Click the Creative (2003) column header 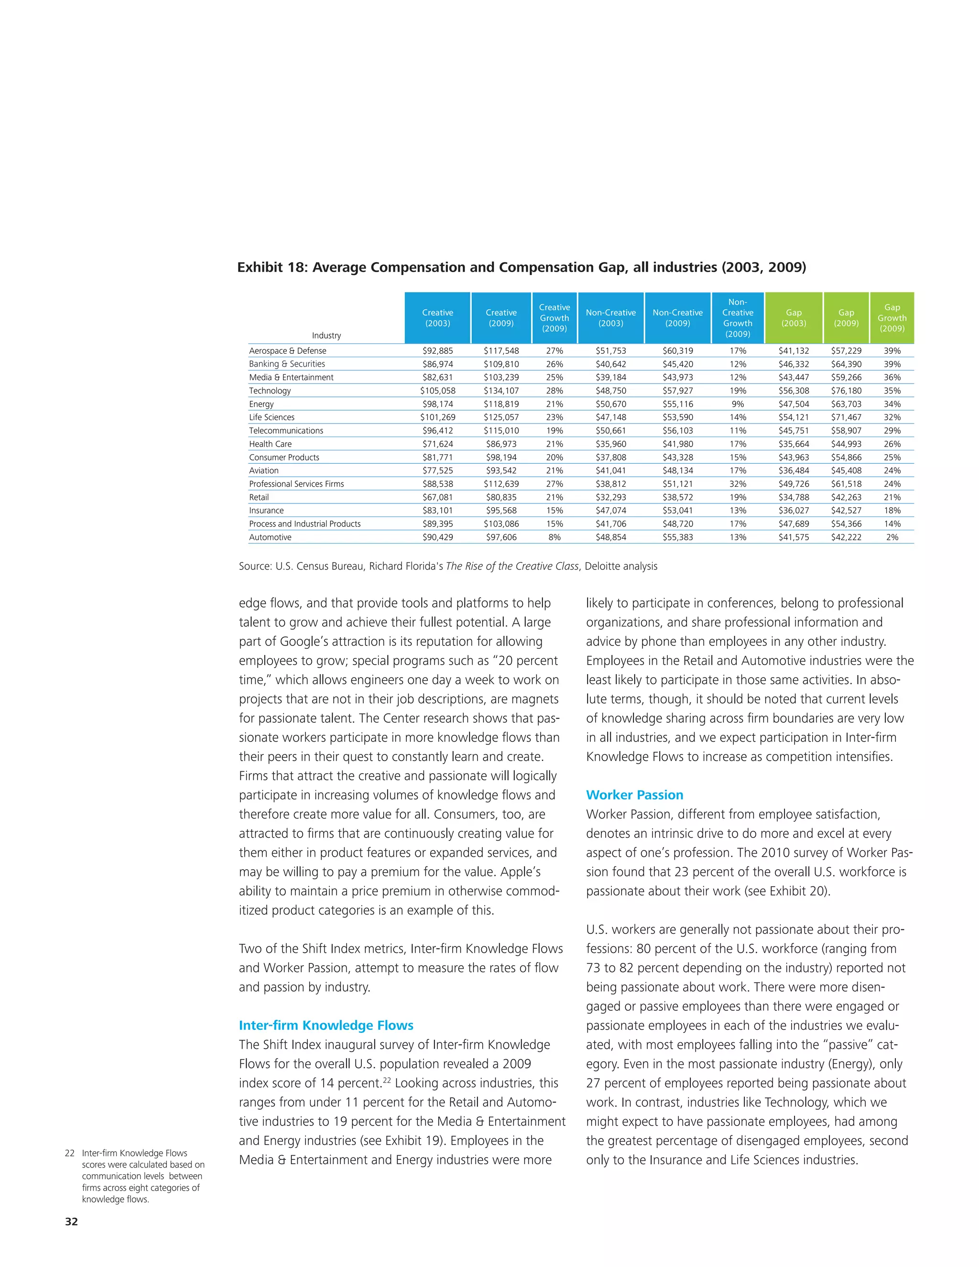(437, 318)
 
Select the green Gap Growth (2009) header (892, 318)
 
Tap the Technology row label (270, 391)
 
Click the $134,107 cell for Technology (501, 391)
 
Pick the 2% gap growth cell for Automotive (892, 537)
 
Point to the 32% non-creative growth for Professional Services (738, 484)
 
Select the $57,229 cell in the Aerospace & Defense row (846, 351)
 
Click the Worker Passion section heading (634, 795)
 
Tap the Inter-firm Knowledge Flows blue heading (326, 1025)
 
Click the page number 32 (71, 1221)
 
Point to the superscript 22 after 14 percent (388, 1080)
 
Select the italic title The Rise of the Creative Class (512, 566)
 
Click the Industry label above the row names (326, 335)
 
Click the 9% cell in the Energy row (738, 404)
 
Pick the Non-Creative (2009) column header (677, 318)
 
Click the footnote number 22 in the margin (70, 1153)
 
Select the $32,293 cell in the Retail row (611, 497)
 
